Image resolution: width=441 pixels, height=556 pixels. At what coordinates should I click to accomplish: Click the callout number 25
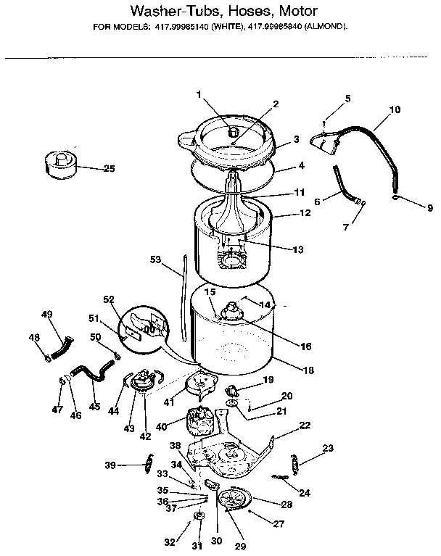coord(109,169)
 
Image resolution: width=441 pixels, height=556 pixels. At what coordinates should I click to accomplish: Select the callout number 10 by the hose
coord(395,110)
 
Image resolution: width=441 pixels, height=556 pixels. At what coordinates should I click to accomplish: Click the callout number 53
coord(154,259)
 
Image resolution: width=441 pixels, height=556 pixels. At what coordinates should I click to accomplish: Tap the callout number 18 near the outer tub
coord(309,370)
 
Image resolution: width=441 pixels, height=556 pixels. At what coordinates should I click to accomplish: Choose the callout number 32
coord(170,542)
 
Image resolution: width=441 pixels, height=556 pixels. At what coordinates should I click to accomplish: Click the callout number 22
coord(305,426)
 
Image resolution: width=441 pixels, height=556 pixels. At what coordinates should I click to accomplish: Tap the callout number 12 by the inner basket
coord(305,213)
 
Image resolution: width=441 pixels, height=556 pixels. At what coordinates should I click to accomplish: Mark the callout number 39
coord(110,465)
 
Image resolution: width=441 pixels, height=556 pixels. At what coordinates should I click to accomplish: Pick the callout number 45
coord(94,407)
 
